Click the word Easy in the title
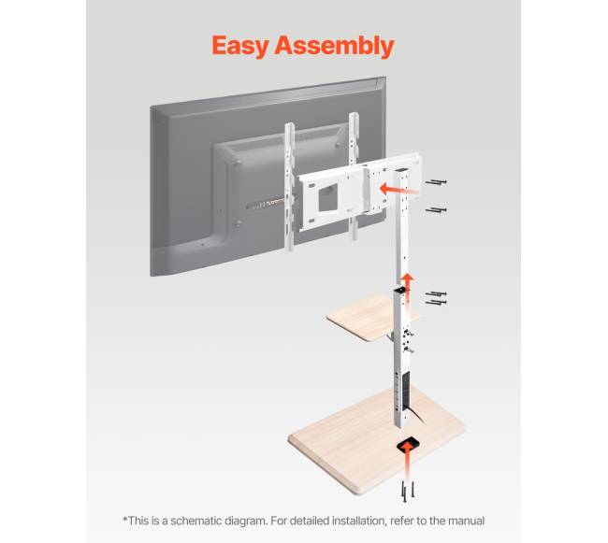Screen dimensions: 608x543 [x=240, y=46]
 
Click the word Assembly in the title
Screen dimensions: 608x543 [x=335, y=45]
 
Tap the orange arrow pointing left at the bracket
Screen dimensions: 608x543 [x=399, y=190]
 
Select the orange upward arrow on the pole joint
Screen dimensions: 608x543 [x=407, y=286]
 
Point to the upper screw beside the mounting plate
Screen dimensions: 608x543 [x=436, y=181]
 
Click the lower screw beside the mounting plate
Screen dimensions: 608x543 [x=436, y=210]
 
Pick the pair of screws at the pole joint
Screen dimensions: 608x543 [x=436, y=298]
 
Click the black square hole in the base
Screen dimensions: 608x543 [x=408, y=444]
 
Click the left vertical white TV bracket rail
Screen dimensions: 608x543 [x=290, y=186]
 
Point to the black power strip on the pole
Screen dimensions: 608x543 [x=406, y=391]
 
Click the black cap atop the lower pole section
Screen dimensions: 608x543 [x=399, y=290]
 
